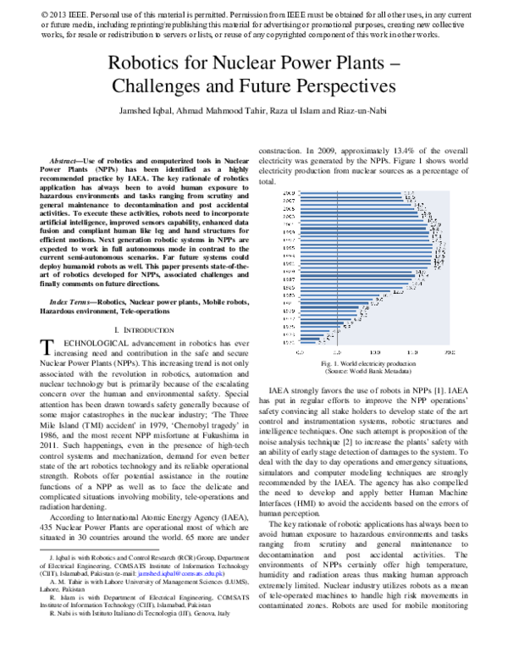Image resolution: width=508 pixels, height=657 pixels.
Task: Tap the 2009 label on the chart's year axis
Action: pos(288,194)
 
